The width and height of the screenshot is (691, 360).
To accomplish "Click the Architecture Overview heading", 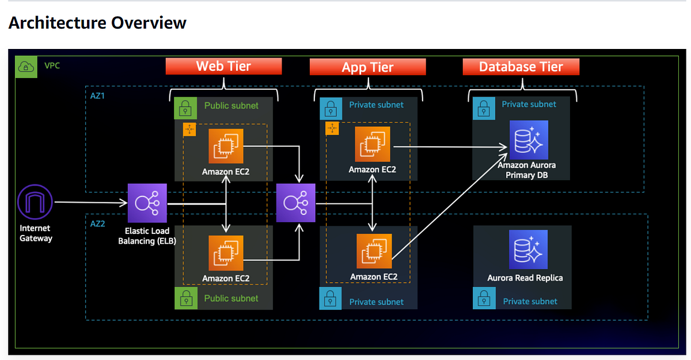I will [97, 23].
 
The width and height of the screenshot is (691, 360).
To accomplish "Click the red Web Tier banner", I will [224, 66].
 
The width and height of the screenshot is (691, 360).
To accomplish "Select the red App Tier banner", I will [367, 67].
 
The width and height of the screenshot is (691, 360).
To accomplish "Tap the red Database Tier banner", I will [521, 67].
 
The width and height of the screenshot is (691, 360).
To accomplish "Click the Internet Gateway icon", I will [35, 203].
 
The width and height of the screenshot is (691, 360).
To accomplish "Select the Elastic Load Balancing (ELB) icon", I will [147, 203].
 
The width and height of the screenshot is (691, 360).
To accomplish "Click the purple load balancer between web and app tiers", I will [295, 203].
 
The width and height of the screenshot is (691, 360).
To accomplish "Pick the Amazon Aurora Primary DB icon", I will [527, 139].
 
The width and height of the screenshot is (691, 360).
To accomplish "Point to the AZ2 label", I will [98, 223].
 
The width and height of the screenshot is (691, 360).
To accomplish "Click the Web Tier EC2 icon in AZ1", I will [226, 146].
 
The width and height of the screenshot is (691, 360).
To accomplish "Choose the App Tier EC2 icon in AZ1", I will [372, 145].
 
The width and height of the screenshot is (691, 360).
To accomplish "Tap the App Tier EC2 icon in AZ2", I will [374, 252].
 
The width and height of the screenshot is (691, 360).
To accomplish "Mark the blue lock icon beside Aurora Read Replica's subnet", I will [484, 299].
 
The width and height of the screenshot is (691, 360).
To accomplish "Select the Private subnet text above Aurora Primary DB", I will [529, 104].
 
